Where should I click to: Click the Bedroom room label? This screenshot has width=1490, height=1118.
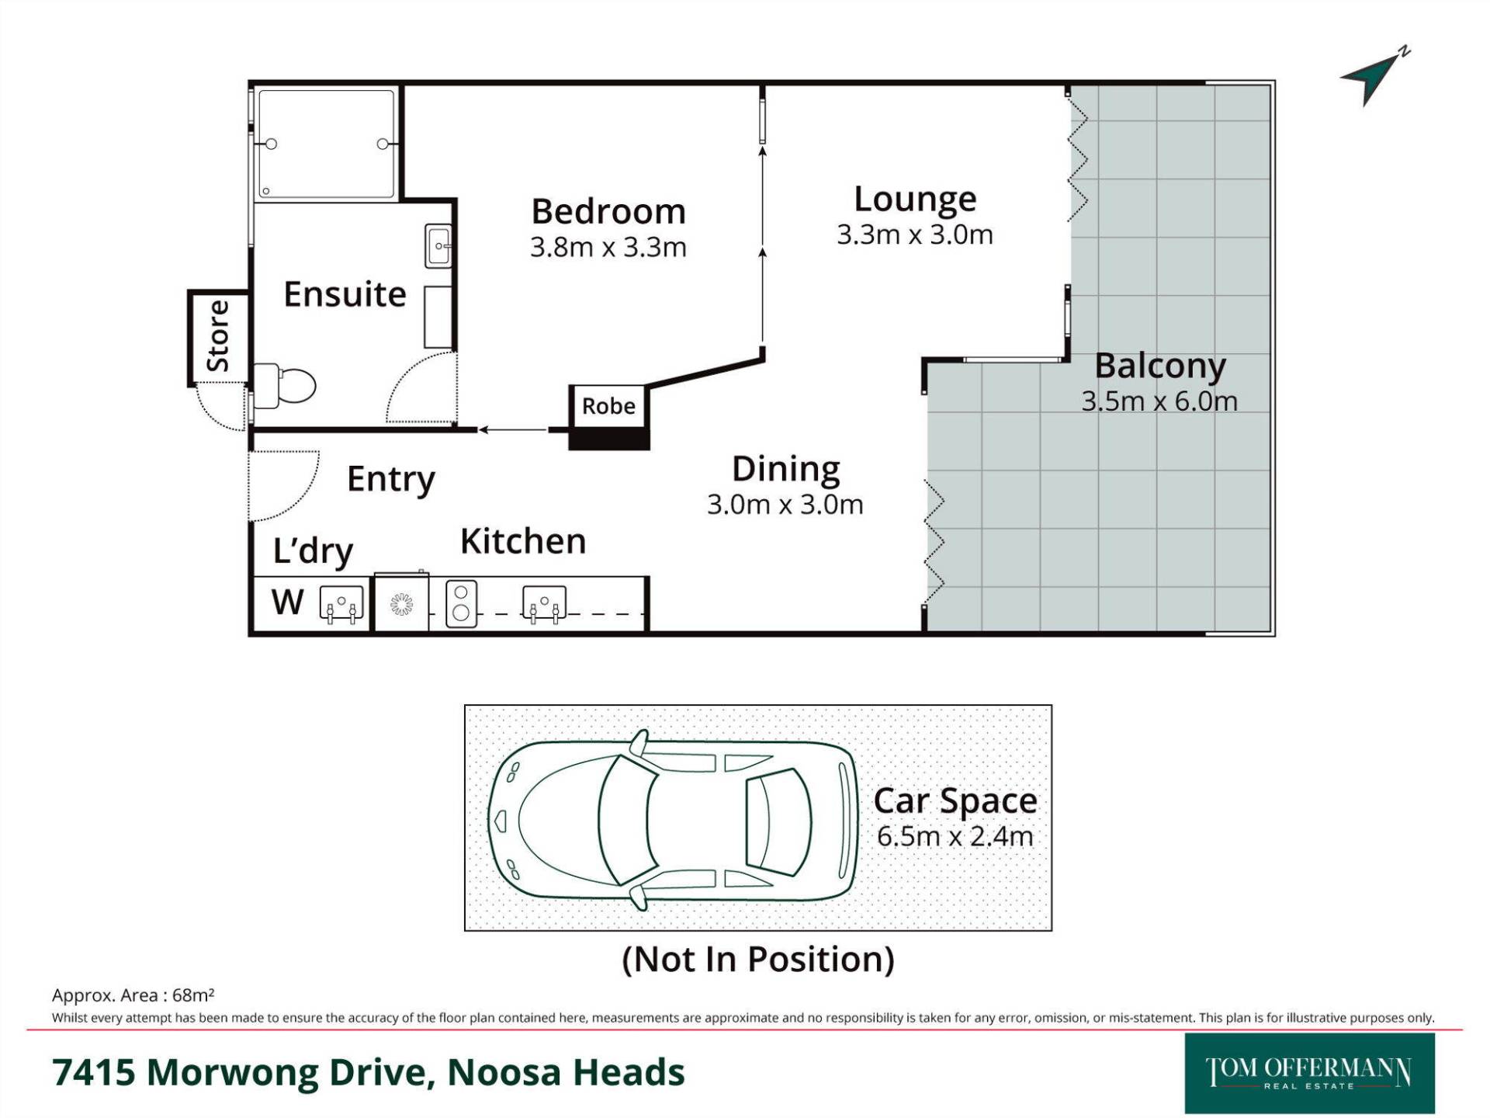(608, 211)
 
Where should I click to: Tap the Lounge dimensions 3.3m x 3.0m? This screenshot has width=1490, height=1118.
(915, 234)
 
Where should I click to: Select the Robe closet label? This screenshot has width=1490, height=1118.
(608, 406)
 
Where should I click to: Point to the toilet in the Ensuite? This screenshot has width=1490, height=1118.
(285, 385)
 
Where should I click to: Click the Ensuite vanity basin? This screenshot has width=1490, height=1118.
(438, 246)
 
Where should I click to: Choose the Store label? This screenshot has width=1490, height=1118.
(217, 336)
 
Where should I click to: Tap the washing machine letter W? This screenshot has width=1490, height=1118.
(287, 602)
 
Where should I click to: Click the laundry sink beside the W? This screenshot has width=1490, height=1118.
(341, 604)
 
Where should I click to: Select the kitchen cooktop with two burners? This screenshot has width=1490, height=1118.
(461, 603)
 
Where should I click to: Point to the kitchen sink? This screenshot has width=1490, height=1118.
(544, 604)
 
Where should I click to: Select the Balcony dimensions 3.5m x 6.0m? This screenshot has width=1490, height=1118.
(1159, 401)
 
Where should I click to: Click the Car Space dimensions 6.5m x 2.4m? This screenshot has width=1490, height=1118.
(955, 837)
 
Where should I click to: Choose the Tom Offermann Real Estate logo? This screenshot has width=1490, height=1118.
(1309, 1073)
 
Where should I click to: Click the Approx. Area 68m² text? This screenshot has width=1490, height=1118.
(133, 995)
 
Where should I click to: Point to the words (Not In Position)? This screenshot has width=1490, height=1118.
(758, 960)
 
